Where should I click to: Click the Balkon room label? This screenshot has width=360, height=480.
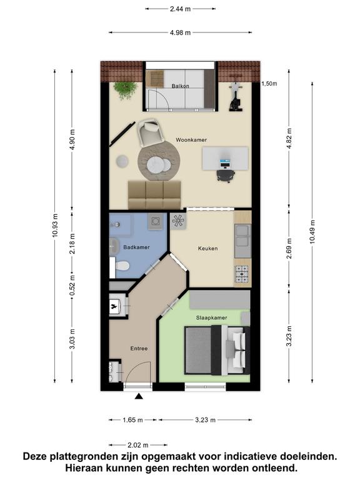pos(180,86)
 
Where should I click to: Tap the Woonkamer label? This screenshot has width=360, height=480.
pos(191,140)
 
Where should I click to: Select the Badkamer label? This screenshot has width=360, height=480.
pos(136,247)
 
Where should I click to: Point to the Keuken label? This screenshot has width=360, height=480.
pos(208,248)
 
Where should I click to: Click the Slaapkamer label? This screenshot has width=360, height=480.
pos(211,317)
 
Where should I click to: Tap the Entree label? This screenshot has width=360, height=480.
pos(139,348)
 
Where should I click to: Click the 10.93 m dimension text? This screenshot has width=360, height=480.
pos(55,226)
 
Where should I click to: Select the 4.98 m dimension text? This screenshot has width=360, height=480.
pos(180,32)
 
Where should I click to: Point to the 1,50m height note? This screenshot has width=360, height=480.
pos(269,84)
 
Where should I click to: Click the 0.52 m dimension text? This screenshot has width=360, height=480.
pos(72,286)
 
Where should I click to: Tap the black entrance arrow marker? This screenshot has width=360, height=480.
pos(139,397)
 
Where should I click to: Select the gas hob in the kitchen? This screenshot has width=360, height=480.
pos(241,274)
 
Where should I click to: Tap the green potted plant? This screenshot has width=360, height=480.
pos(126,90)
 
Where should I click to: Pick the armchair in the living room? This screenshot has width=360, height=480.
pos(150,132)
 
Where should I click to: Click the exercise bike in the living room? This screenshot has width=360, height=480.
pos(236,96)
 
